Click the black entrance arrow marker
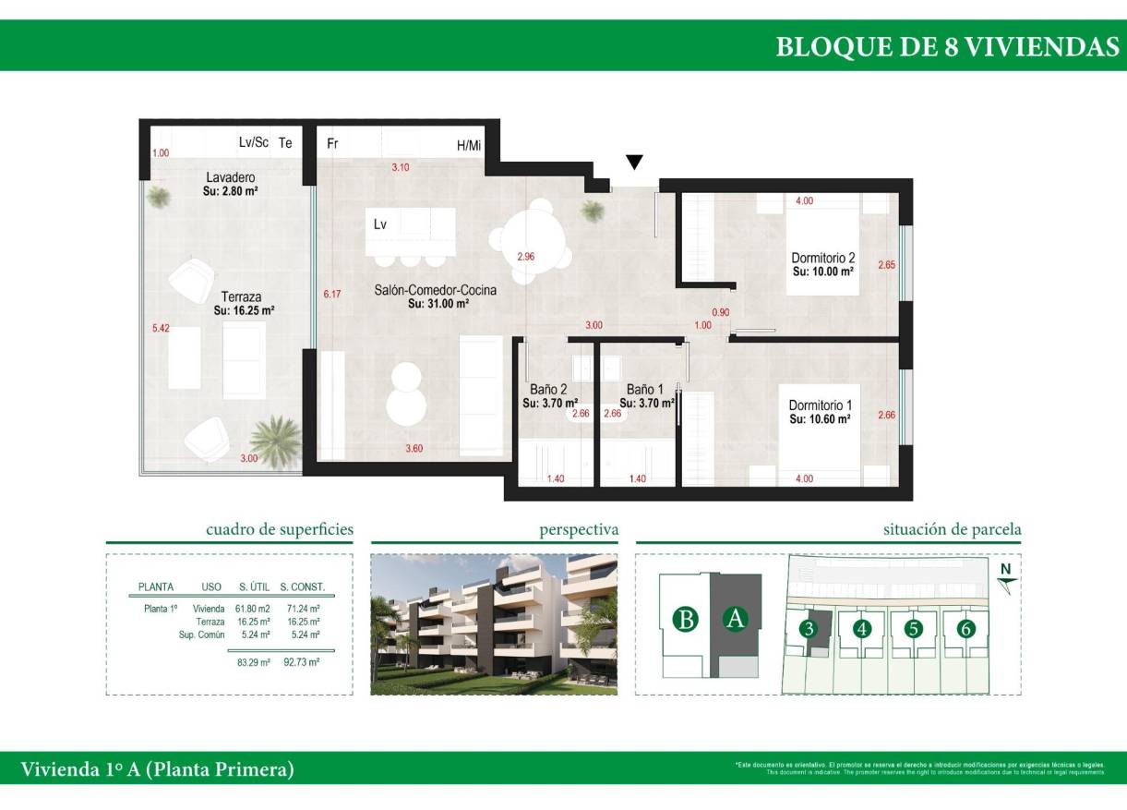pyautogui.click(x=633, y=163)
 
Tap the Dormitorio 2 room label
pyautogui.click(x=822, y=258)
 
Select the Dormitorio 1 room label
pyautogui.click(x=820, y=405)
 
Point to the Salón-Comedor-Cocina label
pyautogui.click(x=435, y=290)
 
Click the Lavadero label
pyautogui.click(x=230, y=177)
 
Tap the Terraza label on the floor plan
pyautogui.click(x=241, y=297)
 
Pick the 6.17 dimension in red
pyautogui.click(x=331, y=295)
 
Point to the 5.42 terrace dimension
pyautogui.click(x=161, y=328)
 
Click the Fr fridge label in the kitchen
pyautogui.click(x=332, y=144)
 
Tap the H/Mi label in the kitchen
pyautogui.click(x=469, y=146)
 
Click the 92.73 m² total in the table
pyautogui.click(x=301, y=662)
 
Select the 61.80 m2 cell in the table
pyautogui.click(x=252, y=609)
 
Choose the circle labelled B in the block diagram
pyautogui.click(x=685, y=619)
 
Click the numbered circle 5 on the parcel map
pyautogui.click(x=913, y=630)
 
